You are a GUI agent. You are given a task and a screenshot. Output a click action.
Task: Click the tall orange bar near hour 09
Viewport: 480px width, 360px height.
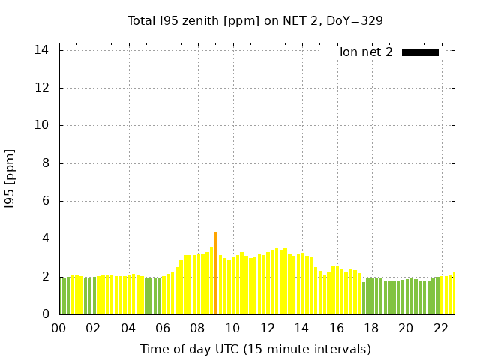pyautogui.click(x=216, y=273)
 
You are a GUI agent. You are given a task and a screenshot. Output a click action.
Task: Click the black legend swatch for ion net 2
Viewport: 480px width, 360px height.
pyautogui.click(x=420, y=52)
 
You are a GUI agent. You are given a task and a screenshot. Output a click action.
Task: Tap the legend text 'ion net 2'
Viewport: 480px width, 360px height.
pyautogui.click(x=366, y=52)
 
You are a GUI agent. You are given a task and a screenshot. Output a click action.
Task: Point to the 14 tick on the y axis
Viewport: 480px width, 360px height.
pyautogui.click(x=42, y=50)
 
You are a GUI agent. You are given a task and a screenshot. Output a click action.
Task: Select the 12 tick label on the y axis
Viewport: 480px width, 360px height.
pyautogui.click(x=42, y=88)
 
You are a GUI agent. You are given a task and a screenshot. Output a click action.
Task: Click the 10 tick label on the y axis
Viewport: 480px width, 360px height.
pyautogui.click(x=42, y=125)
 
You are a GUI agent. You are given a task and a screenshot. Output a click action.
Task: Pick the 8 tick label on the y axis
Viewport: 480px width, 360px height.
pyautogui.click(x=46, y=163)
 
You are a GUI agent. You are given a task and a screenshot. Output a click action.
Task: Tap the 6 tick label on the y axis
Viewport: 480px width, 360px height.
pyautogui.click(x=46, y=201)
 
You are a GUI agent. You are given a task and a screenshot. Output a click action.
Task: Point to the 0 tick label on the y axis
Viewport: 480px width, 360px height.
pyautogui.click(x=46, y=314)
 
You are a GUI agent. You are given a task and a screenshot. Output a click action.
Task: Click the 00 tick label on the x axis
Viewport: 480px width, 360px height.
pyautogui.click(x=59, y=328)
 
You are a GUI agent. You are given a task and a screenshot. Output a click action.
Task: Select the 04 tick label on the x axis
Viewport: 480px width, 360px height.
pyautogui.click(x=129, y=328)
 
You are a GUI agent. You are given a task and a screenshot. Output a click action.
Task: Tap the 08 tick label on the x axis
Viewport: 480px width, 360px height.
pyautogui.click(x=198, y=328)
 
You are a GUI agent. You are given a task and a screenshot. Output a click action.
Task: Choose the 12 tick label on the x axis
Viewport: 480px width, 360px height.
pyautogui.click(x=268, y=328)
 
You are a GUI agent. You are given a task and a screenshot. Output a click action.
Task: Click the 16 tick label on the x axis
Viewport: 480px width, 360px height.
pyautogui.click(x=337, y=328)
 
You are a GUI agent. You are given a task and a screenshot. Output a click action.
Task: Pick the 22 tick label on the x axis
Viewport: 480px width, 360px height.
pyautogui.click(x=441, y=328)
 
